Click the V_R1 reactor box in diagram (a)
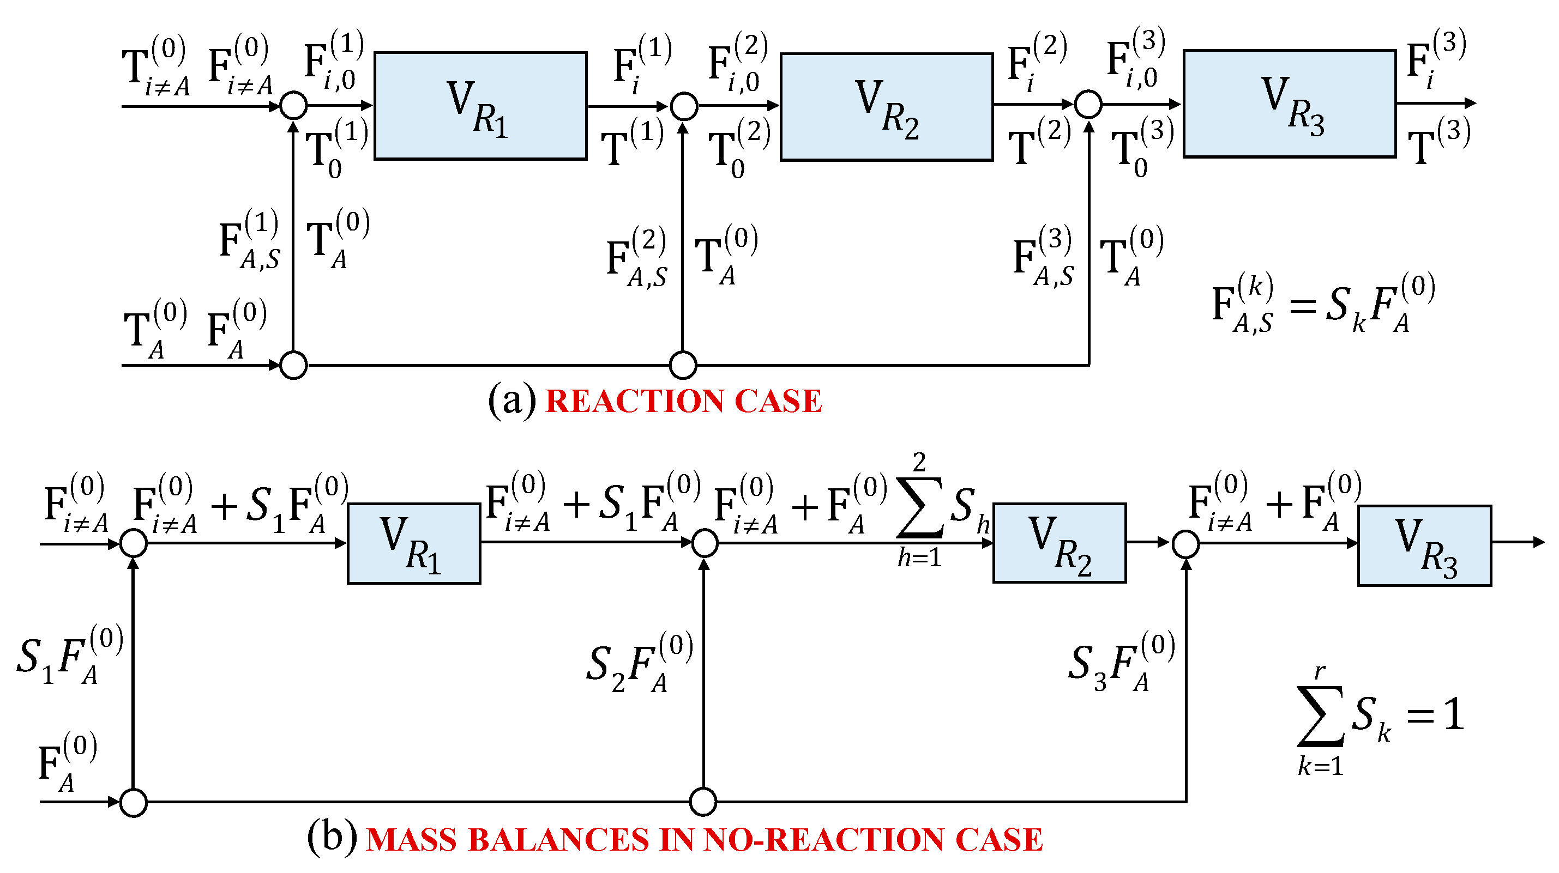click(480, 106)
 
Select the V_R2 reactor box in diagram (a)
click(886, 107)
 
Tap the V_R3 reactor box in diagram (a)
click(1289, 104)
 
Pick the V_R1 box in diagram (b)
click(414, 543)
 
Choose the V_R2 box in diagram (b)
click(1059, 543)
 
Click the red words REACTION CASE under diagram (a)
click(684, 401)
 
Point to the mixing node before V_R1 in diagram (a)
click(294, 105)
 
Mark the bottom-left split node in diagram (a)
click(294, 366)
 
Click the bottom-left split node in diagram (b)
click(134, 803)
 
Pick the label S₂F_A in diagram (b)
click(639, 663)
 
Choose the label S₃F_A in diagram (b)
click(1121, 662)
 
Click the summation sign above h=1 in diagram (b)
click(919, 507)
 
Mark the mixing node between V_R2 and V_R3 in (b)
click(1185, 544)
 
